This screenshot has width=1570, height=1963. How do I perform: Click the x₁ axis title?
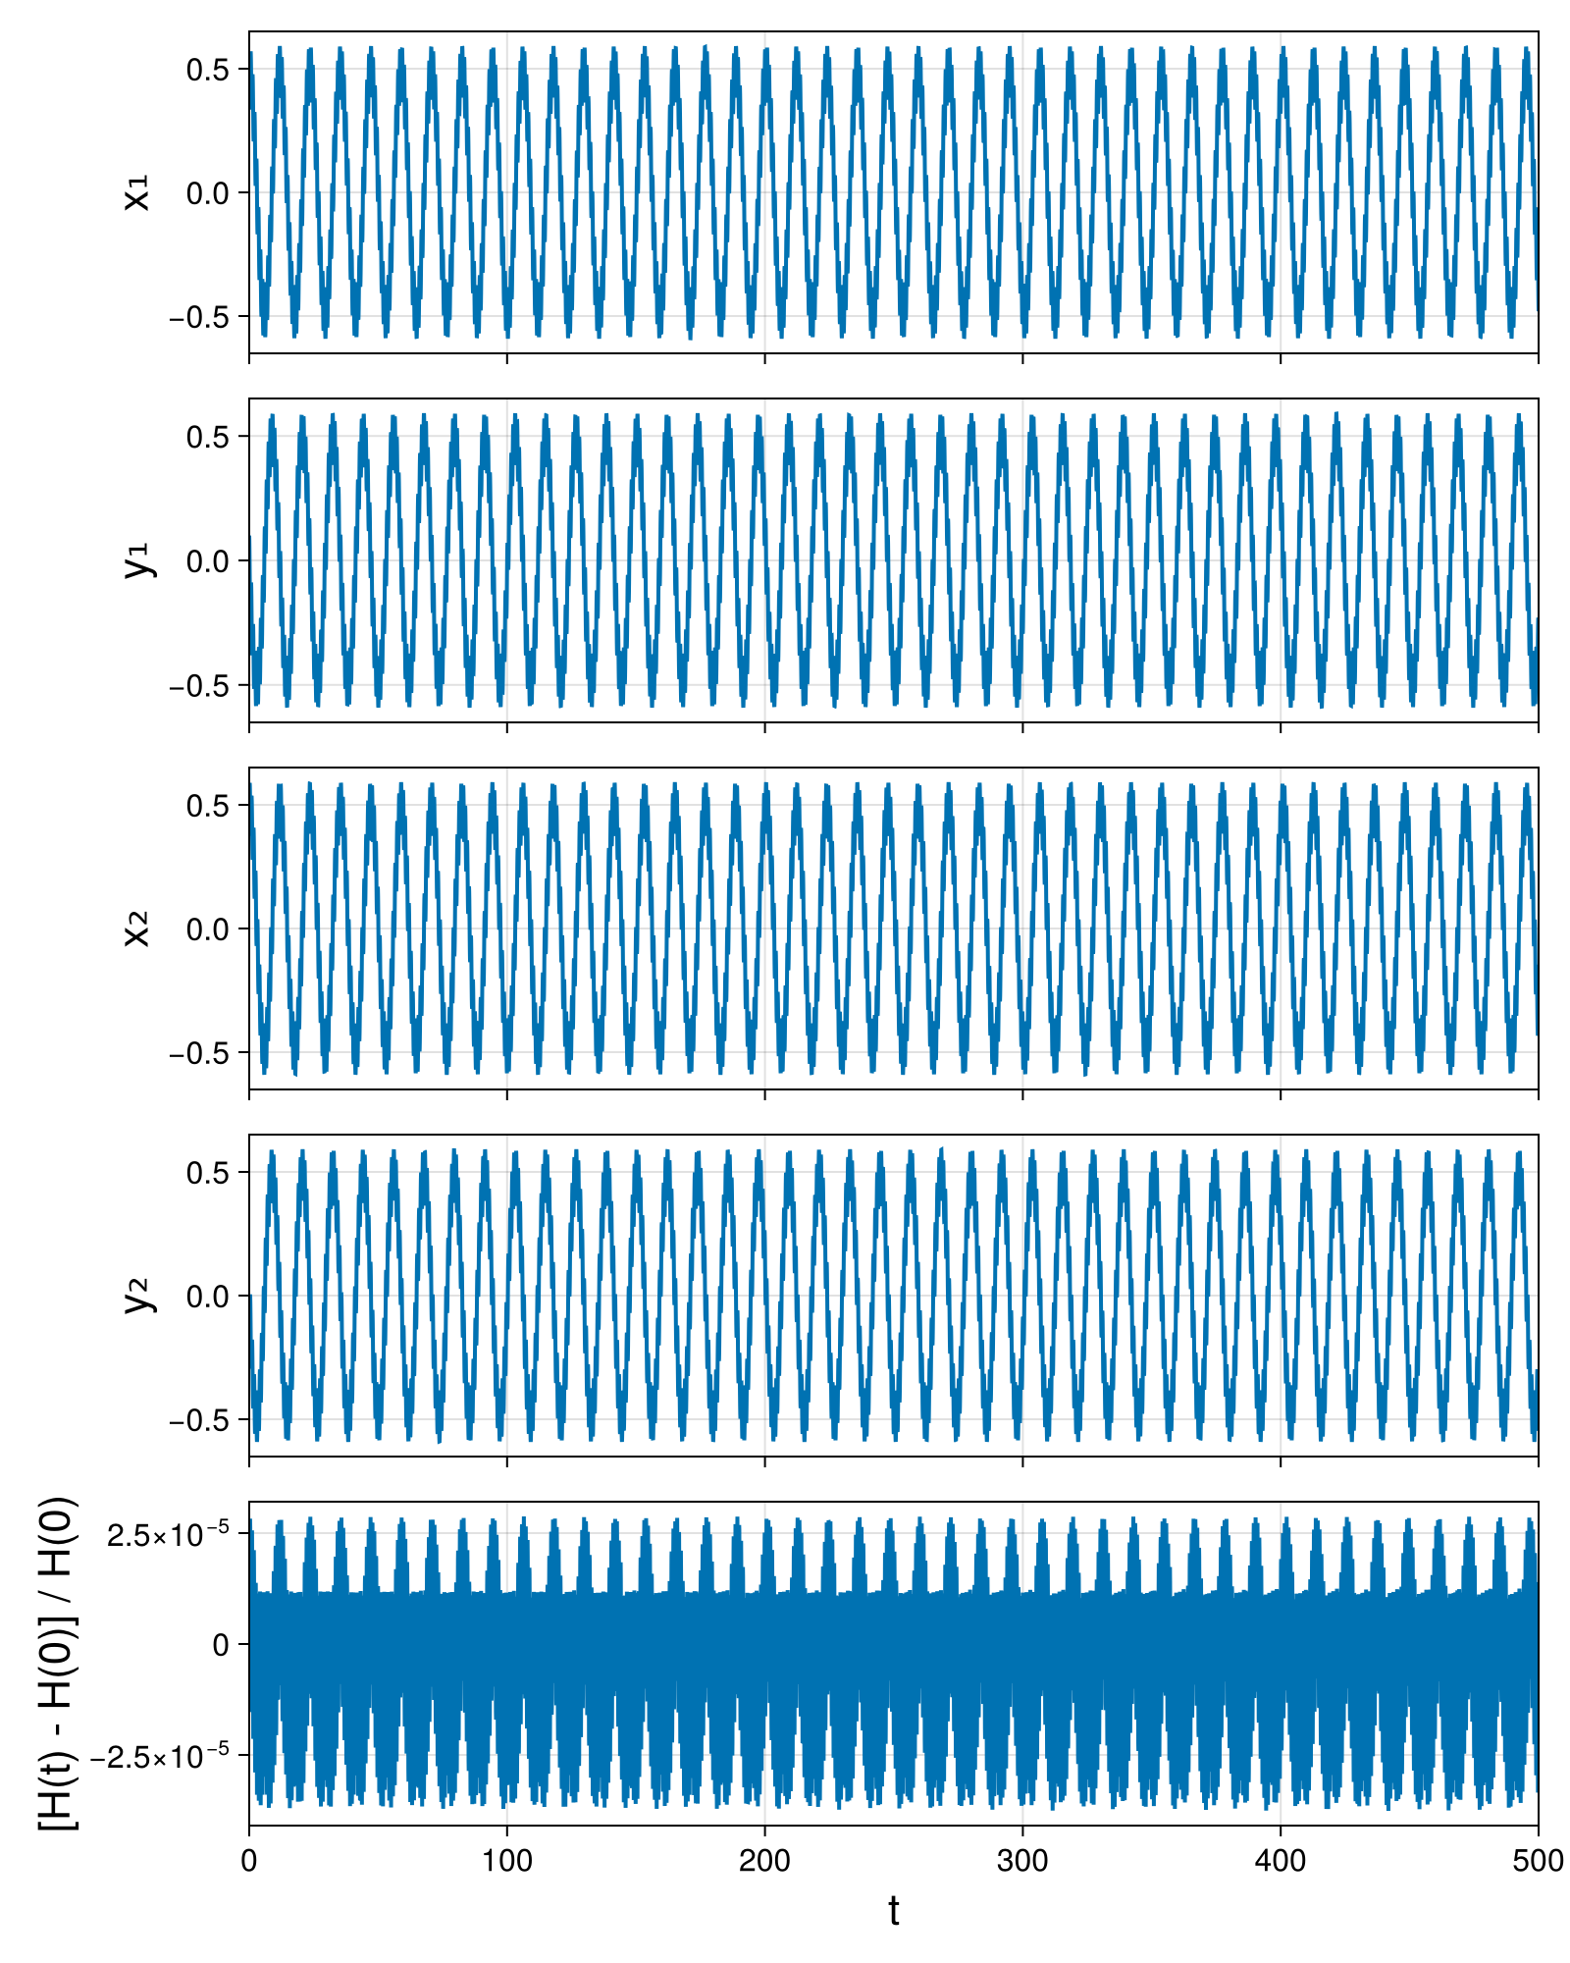pos(138,192)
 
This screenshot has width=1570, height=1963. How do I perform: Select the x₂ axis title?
pos(138,928)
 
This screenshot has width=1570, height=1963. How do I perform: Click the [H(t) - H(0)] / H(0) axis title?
pos(58,1663)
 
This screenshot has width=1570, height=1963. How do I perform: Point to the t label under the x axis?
pos(893,1911)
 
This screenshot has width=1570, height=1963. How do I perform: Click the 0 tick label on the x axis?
pos(249,1860)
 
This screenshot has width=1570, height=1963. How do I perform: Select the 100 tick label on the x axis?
pos(506,1860)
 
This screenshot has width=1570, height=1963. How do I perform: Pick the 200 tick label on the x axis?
pos(764,1860)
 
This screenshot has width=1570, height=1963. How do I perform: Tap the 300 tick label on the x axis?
pos(1022,1860)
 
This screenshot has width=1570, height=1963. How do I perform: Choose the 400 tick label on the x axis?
pos(1281,1860)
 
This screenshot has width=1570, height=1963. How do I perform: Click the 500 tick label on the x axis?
pos(1538,1860)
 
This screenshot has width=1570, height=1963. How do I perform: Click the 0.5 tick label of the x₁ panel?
pos(208,70)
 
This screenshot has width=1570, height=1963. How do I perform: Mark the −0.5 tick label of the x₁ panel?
pos(199,317)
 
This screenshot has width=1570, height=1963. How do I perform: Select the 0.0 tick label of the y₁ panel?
pos(208,560)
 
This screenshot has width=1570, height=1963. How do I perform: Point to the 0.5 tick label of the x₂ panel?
pos(208,805)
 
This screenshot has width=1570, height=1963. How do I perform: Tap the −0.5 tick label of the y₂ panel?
pos(199,1419)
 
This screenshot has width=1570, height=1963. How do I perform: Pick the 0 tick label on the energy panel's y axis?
pos(222,1645)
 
